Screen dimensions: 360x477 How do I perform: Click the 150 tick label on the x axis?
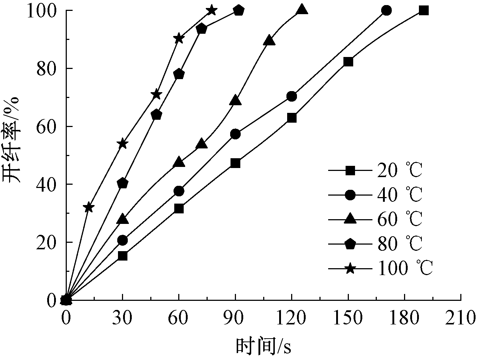pyautogui.click(x=348, y=318)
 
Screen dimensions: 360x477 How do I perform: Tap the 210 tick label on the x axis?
pyautogui.click(x=461, y=318)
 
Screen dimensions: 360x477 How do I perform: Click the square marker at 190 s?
pyautogui.click(x=423, y=11)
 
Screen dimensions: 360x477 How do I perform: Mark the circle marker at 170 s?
pyautogui.click(x=387, y=11)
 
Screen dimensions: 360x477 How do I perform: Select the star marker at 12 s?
pyautogui.click(x=89, y=208)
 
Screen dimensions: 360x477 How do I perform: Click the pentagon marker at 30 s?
pyautogui.click(x=123, y=183)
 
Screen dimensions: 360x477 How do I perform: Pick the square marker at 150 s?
pyautogui.click(x=348, y=62)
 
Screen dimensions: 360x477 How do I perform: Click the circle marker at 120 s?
pyautogui.click(x=291, y=96)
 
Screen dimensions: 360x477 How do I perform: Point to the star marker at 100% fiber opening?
pyautogui.click(x=212, y=10)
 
